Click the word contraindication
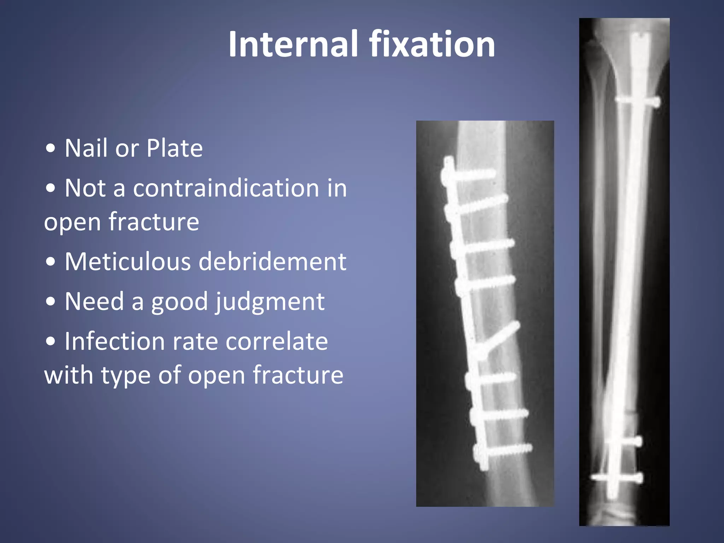click(x=226, y=188)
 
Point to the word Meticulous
click(x=128, y=262)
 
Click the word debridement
click(x=273, y=262)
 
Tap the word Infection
click(x=115, y=341)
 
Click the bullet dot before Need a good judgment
click(x=51, y=302)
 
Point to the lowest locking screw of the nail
click(x=617, y=478)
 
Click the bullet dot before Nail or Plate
click(x=51, y=148)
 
